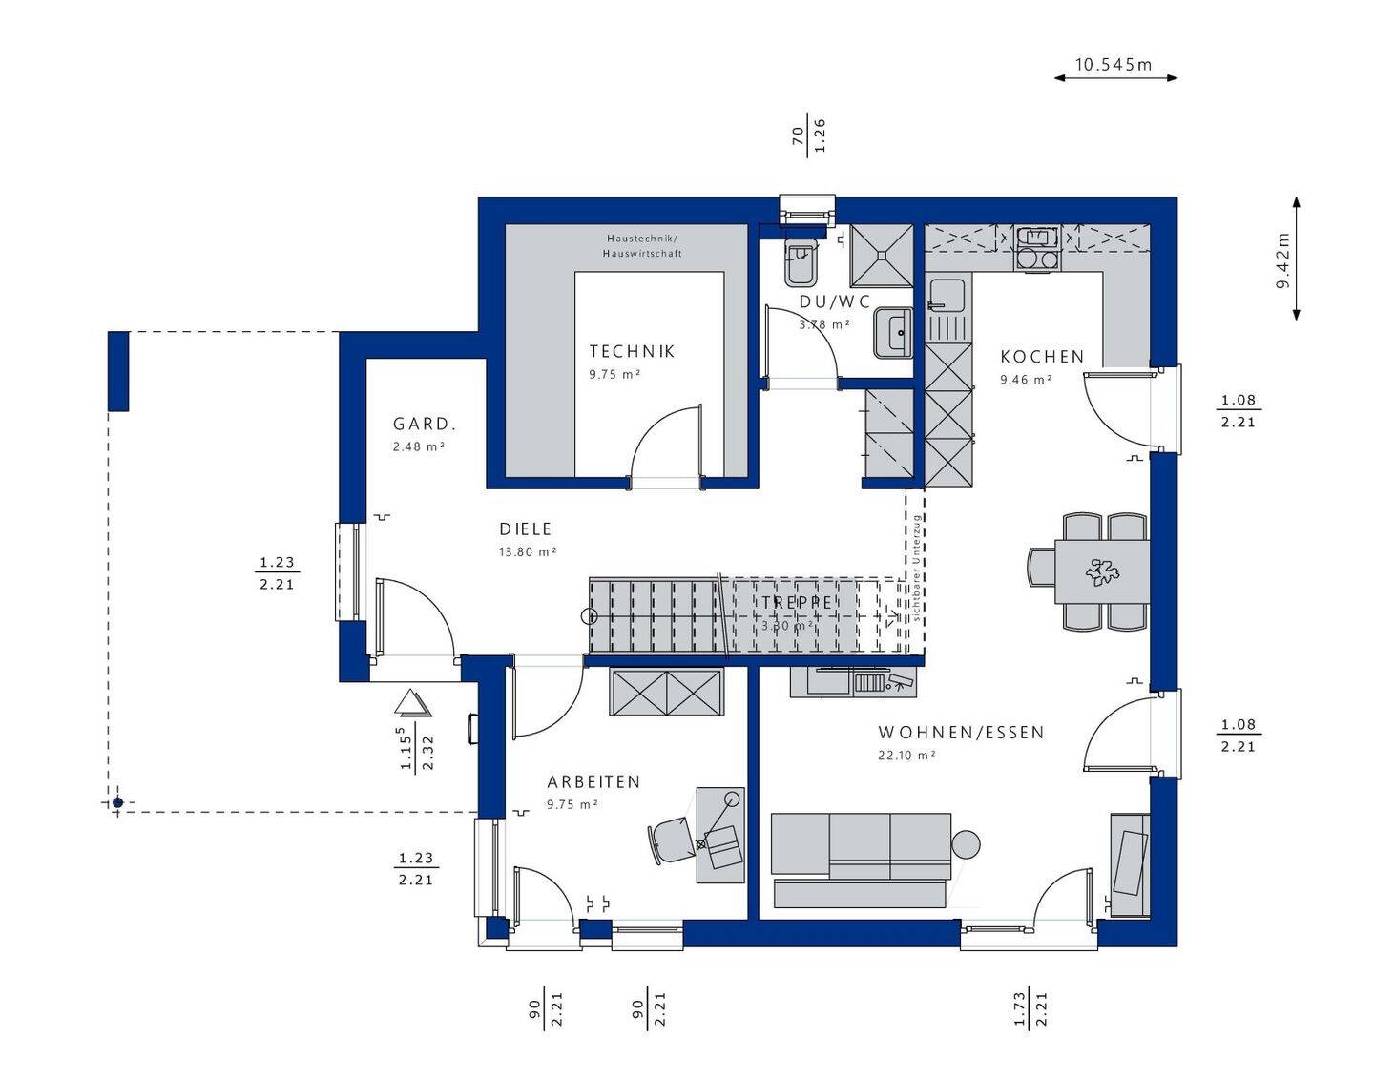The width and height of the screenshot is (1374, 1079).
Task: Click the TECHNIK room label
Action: [x=632, y=351]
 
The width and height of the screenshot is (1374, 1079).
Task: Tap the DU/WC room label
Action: [x=835, y=301]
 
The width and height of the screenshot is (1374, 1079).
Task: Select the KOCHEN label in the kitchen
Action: [x=1042, y=357]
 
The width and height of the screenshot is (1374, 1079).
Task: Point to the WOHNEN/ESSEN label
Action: [x=961, y=733]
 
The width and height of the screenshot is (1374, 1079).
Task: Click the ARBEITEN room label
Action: [x=593, y=781]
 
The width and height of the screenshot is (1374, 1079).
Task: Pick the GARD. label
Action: [x=425, y=425]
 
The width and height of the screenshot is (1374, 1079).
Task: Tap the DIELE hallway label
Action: [x=526, y=529]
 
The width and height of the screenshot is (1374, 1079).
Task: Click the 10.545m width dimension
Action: [x=1114, y=65]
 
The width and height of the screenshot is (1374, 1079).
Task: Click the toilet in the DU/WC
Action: [x=799, y=263]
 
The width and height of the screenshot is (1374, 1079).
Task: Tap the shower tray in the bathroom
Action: [x=882, y=255]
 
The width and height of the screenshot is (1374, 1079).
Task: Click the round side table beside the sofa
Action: [x=966, y=844]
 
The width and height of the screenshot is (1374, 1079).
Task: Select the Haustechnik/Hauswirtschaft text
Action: [x=642, y=245]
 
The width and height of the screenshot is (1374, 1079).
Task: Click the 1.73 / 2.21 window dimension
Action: [x=1030, y=1009]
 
